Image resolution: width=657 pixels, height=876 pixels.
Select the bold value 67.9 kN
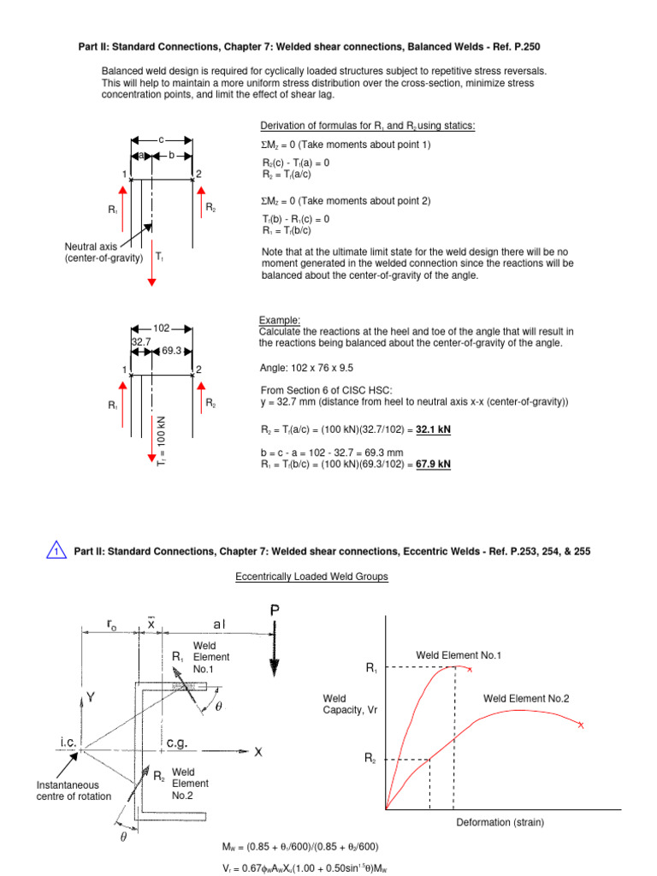tap(432, 464)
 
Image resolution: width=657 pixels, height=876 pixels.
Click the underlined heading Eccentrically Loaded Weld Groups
tap(311, 577)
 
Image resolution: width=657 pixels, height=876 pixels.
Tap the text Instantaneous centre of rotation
tap(68, 790)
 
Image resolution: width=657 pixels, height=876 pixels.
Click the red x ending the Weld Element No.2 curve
tap(581, 725)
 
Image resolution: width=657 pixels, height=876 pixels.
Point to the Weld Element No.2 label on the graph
tap(525, 699)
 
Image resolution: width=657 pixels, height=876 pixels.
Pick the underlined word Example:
tap(277, 321)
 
